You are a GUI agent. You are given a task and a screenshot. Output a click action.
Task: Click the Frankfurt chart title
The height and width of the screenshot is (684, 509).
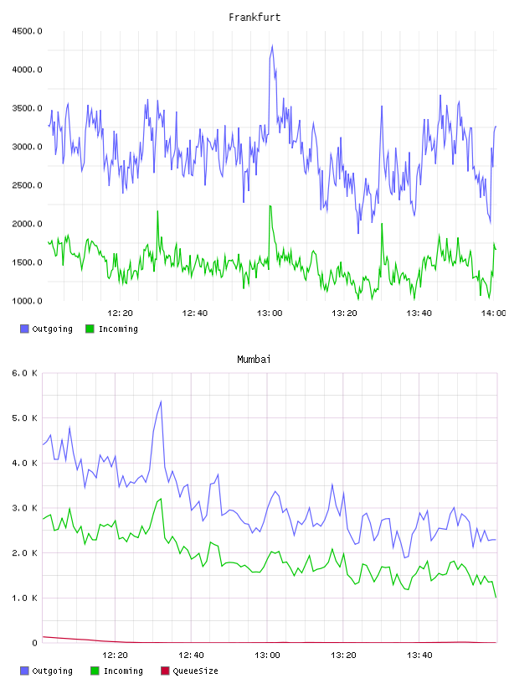254,18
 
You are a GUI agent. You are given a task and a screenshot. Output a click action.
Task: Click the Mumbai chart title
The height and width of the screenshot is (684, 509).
254,360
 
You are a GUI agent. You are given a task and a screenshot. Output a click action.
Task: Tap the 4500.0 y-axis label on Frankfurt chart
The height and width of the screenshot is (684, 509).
27,31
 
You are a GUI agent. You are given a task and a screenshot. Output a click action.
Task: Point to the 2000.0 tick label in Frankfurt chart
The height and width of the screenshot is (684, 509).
27,224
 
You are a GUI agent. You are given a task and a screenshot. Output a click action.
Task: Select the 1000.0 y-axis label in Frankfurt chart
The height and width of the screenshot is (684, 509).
27,301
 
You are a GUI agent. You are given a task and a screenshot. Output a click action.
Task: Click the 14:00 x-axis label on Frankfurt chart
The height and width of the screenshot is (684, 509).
494,313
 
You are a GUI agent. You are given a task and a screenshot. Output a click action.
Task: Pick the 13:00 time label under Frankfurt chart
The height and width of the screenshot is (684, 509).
270,313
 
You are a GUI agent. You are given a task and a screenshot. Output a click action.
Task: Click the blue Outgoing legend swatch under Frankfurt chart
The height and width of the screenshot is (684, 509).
24,329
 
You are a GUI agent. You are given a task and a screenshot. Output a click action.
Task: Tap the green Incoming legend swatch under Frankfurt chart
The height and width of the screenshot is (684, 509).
90,329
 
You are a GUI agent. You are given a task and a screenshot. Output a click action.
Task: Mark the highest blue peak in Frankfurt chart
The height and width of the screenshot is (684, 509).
272,45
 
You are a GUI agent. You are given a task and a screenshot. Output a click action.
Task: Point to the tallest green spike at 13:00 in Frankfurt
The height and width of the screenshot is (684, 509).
270,206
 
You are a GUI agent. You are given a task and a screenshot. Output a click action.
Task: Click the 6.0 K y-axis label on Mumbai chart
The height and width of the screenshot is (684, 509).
24,373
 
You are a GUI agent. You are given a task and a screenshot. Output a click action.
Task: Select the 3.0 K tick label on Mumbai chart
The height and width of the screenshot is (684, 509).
24,508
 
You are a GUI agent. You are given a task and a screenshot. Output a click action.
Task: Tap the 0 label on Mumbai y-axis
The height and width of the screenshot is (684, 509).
35,643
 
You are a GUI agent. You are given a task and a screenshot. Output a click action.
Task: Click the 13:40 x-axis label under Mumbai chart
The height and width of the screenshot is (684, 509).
419,655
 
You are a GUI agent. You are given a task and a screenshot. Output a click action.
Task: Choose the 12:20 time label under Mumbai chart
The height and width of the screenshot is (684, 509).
115,655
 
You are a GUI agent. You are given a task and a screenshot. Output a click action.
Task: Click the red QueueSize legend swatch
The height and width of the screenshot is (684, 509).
165,671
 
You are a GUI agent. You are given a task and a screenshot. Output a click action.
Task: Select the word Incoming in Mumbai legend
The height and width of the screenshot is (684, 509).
123,671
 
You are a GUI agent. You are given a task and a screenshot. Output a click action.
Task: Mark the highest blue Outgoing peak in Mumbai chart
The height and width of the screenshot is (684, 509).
161,402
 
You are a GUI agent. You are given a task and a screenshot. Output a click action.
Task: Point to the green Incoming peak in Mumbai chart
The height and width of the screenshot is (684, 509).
161,499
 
